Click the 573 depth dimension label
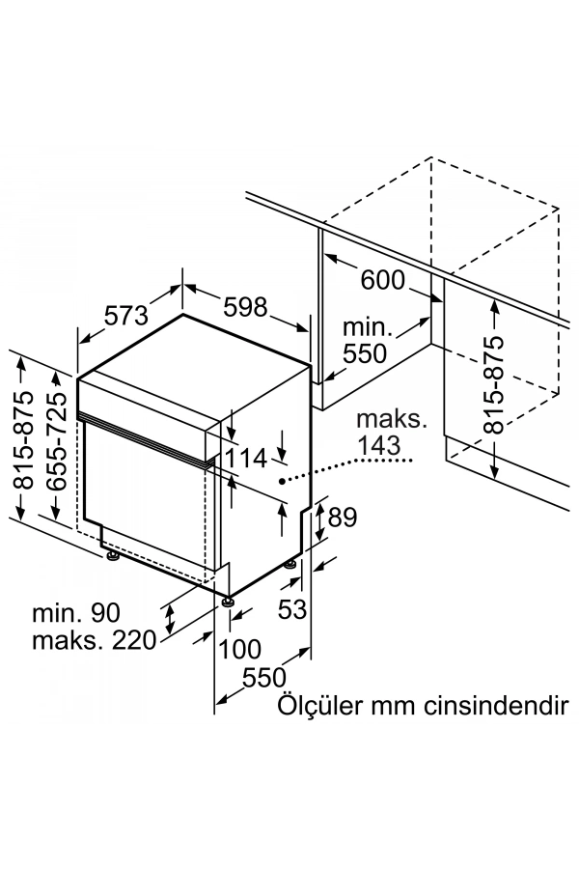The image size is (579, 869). [125, 316]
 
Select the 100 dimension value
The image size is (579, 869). [241, 648]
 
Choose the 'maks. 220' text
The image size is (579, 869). [93, 640]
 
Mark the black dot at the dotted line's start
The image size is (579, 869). [282, 479]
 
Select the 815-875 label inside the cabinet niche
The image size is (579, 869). [493, 384]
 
